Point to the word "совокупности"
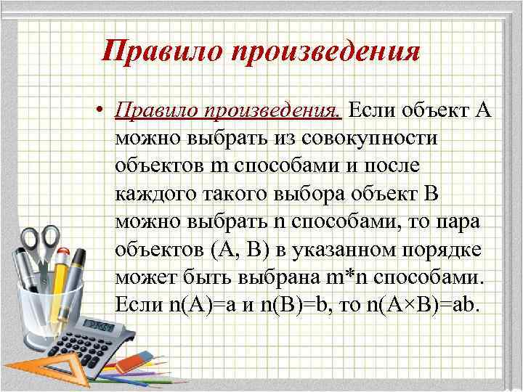(355, 137)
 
